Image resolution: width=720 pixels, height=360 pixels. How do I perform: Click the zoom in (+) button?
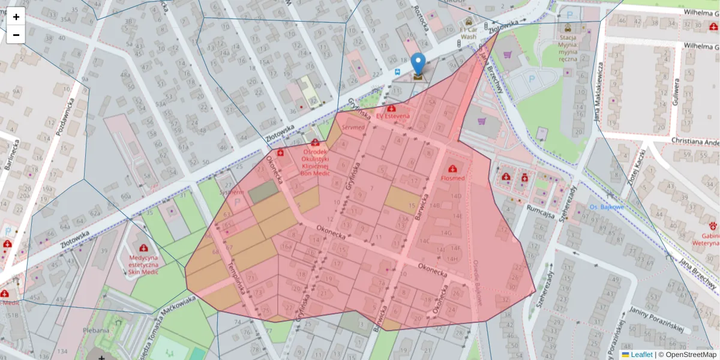16,17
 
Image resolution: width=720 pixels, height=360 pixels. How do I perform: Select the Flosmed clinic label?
452,178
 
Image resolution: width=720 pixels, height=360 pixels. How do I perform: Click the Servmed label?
353,127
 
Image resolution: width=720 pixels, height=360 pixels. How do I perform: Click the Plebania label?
96,330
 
